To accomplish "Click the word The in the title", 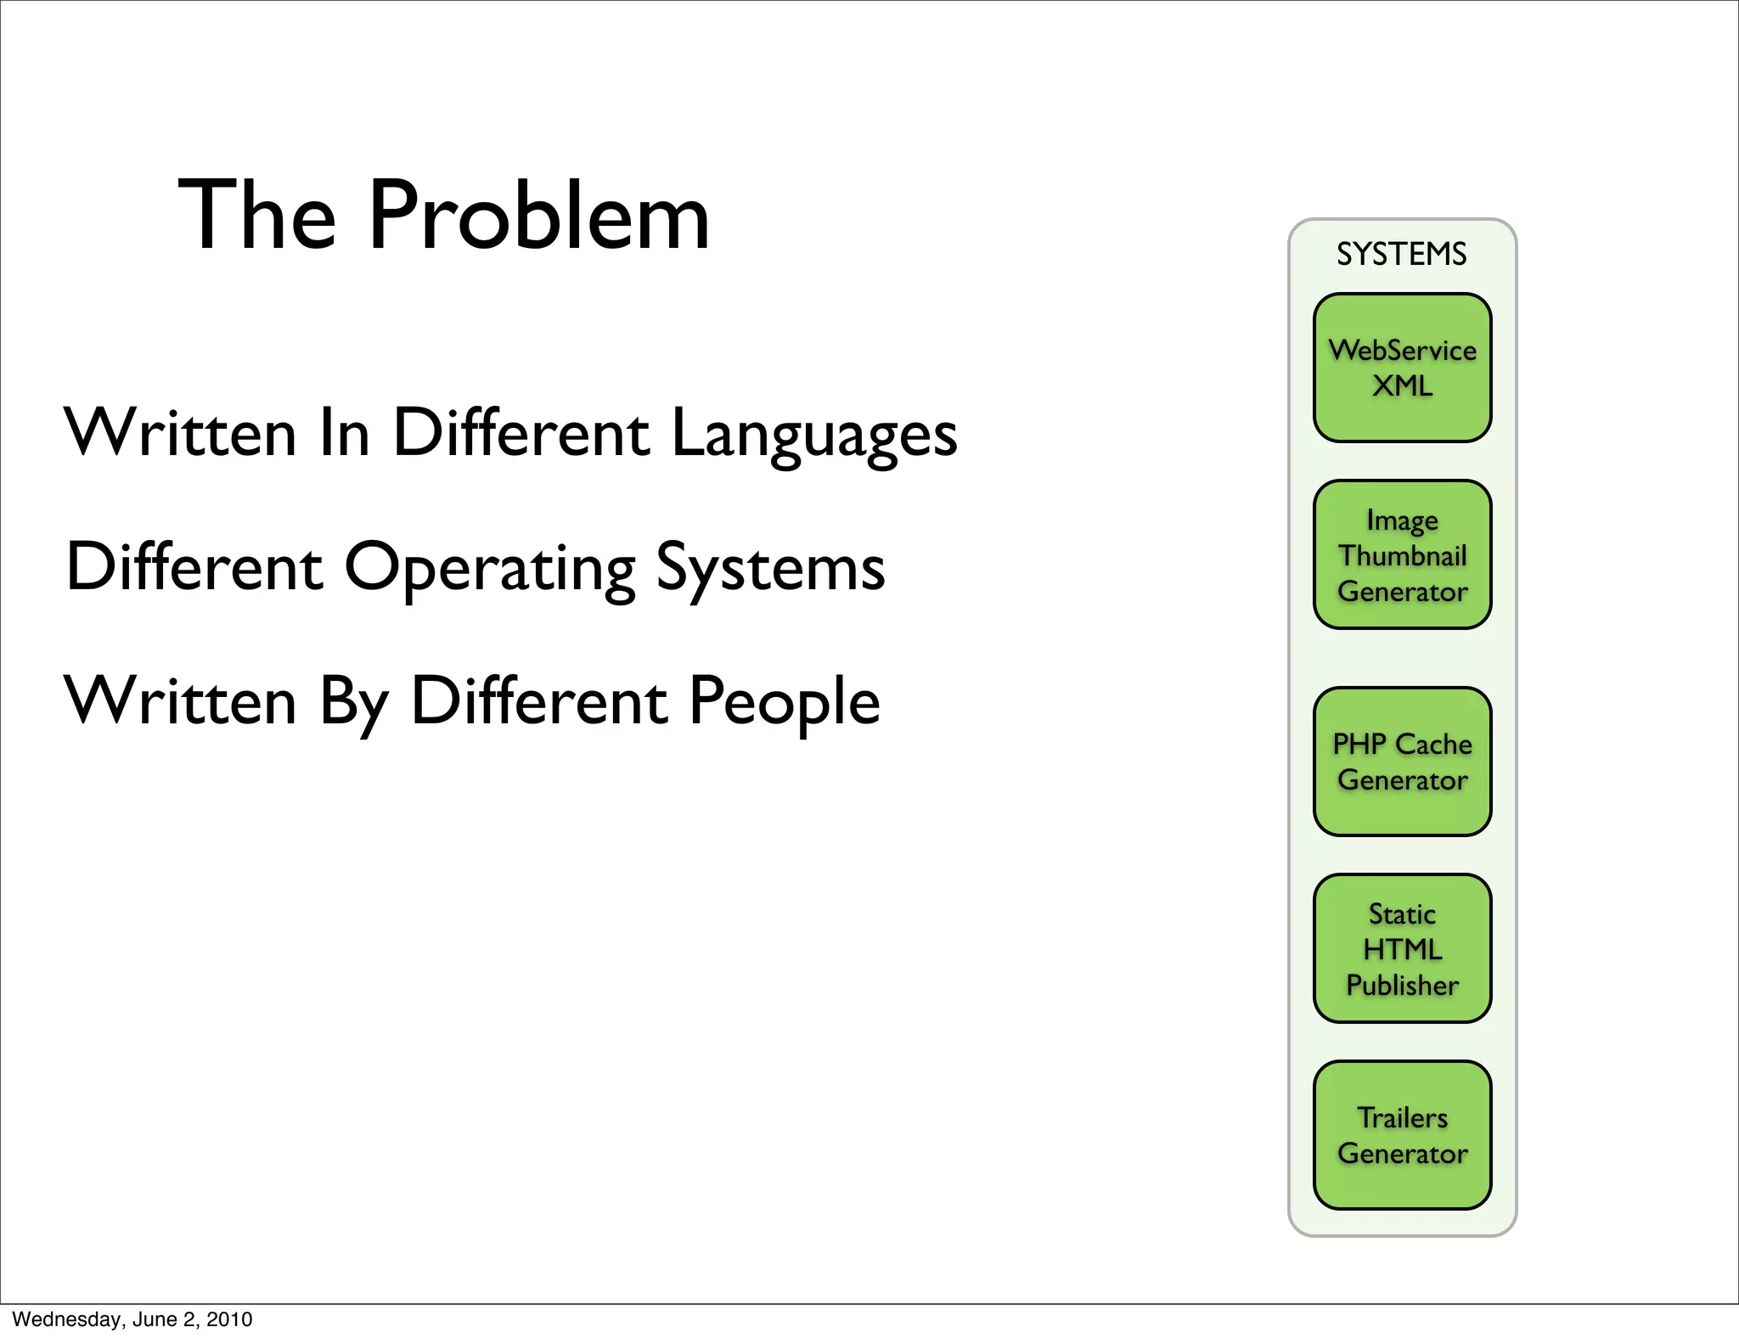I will (257, 216).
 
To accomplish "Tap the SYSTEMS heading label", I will (1401, 255).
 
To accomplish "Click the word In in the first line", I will (345, 433).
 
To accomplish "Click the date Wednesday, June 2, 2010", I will (132, 1319).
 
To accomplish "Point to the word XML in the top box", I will (1402, 386).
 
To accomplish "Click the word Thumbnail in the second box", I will (1402, 556).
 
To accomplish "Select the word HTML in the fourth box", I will (1402, 949).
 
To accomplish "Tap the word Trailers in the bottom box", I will (1402, 1117).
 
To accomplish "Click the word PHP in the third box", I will (1359, 745).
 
